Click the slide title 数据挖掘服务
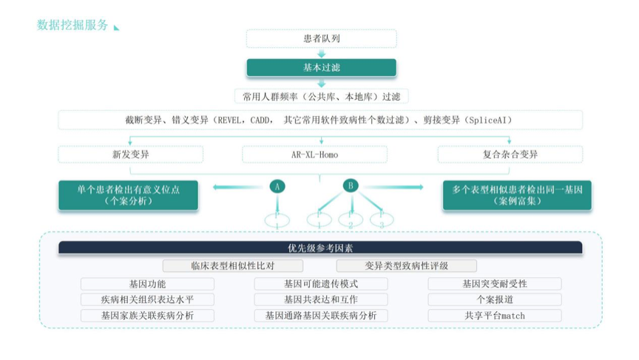coord(72,25)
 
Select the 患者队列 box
coord(321,38)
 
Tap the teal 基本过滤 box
coord(321,67)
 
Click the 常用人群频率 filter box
coord(321,96)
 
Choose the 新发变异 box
coord(130,154)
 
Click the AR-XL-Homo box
coord(314,154)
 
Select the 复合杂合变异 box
coord(510,154)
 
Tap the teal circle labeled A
coord(277,186)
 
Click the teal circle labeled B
coord(351,186)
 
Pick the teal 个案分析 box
coord(128,195)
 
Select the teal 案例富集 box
coord(517,195)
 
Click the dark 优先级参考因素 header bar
coord(320,248)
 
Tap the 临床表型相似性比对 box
coord(232,265)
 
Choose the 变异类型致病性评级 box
coord(406,265)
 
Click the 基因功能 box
coord(147,284)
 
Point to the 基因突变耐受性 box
coord(494,284)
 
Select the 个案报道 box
coord(494,299)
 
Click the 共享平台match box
coord(494,316)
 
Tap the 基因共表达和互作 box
coord(320,299)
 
